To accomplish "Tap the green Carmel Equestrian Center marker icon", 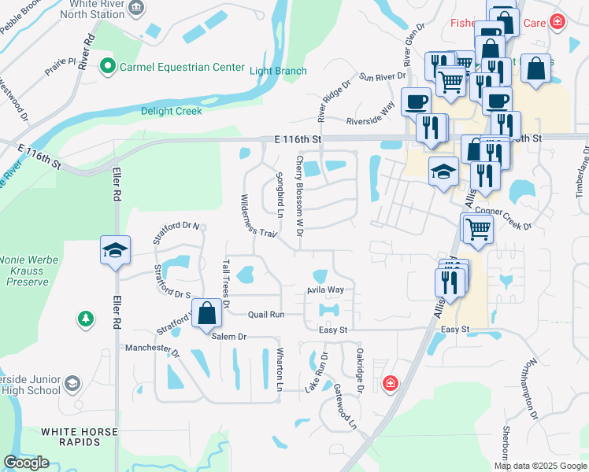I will pos(109,67).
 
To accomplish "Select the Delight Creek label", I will pos(171,111).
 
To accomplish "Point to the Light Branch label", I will pos(278,71).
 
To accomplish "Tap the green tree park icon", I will pos(83,319).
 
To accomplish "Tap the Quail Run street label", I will pos(265,314).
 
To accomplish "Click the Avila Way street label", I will pos(325,290).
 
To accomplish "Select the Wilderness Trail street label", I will pos(259,215).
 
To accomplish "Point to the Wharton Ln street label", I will pos(279,369).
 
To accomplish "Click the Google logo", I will pos(27,463).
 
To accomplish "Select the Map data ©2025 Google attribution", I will pos(540,466).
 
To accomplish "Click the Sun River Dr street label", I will pos(382,76).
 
